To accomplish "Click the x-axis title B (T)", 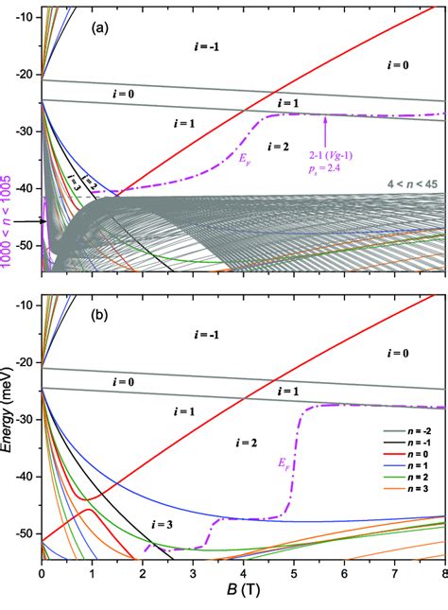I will pyautogui.click(x=244, y=599).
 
